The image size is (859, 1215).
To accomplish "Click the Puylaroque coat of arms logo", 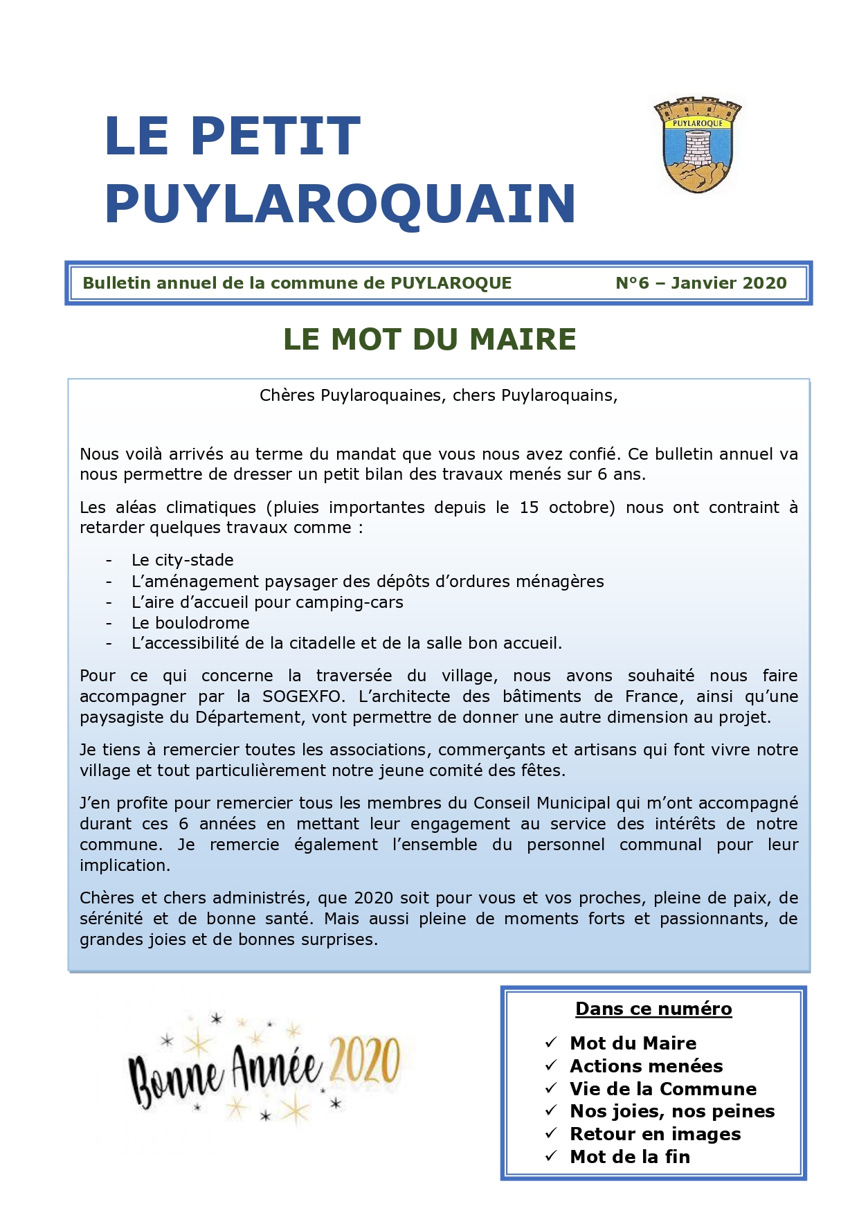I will point(697,145).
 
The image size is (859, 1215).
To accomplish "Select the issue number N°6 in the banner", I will point(632,283).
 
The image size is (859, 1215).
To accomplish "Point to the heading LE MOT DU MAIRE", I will point(429,339).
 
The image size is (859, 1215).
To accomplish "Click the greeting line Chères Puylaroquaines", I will point(438,395).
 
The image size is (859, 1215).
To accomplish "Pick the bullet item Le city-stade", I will point(183,560).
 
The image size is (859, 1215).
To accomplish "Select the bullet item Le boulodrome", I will point(190,622).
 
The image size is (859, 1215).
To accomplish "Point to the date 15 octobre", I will point(563,507).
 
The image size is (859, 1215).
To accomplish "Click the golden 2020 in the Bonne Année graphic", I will point(365,1061).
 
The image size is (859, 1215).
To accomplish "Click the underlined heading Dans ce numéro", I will point(653,1009).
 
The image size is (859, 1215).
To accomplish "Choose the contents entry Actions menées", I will point(646,1065).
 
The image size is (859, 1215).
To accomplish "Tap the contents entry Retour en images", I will point(655,1133).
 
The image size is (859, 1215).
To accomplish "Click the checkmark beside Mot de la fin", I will point(551,1155).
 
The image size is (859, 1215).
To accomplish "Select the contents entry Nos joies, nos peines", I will point(671,1110).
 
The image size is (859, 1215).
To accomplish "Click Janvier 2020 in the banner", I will point(729,283).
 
